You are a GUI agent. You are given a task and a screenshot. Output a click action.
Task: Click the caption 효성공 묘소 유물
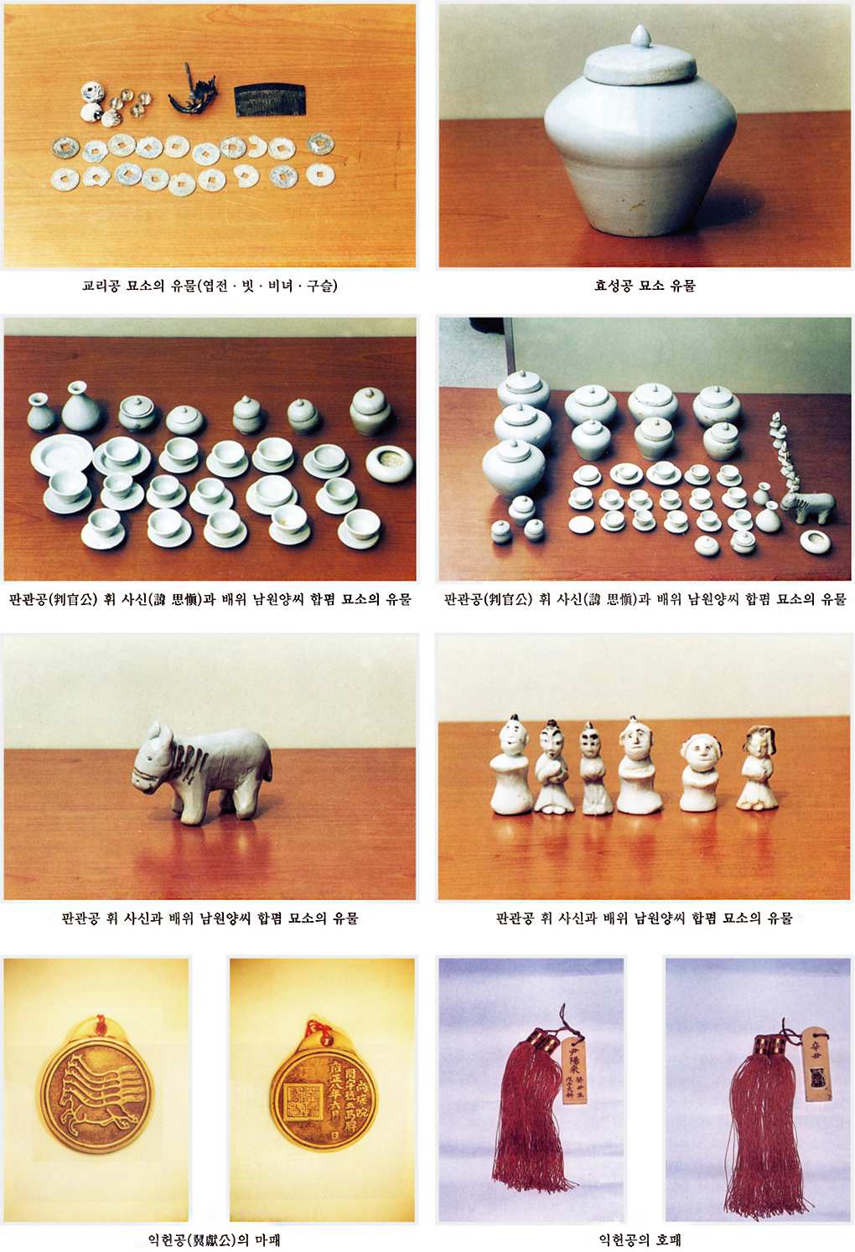645,286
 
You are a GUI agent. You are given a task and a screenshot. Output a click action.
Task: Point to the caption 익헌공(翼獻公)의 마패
214,1239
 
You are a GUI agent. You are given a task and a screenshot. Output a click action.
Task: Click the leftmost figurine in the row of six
510,766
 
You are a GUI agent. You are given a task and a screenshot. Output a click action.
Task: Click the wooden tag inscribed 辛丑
816,1064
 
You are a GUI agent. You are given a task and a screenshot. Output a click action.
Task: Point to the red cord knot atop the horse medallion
100,1025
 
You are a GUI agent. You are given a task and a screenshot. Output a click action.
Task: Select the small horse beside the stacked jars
806,505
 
